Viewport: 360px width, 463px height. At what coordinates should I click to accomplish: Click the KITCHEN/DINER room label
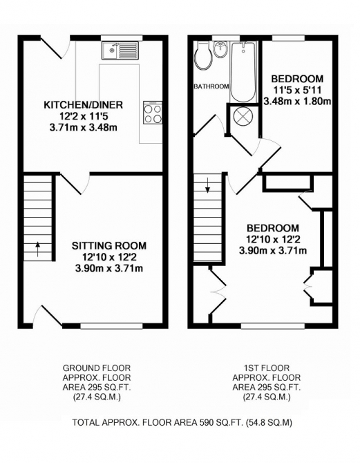coord(83,105)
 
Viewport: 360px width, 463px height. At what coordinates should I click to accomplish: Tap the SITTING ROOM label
coord(109,246)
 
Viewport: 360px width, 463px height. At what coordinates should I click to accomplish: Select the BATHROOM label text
coord(211,86)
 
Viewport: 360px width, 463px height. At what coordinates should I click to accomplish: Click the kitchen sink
coord(120,50)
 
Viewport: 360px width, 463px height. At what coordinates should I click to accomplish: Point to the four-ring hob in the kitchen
coord(152,113)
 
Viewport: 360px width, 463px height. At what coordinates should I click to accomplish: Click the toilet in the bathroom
coord(203,55)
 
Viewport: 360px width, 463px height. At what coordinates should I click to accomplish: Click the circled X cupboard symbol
coord(243,116)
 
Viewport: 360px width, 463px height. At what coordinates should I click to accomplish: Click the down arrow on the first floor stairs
coord(206,187)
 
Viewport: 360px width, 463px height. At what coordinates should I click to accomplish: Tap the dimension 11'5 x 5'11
coord(297,89)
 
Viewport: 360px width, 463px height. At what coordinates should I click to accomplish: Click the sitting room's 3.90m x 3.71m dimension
coord(109,268)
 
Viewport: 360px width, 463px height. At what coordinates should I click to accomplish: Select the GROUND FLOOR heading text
coord(97,368)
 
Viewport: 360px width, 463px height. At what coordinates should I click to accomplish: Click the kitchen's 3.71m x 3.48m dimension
coord(83,127)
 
